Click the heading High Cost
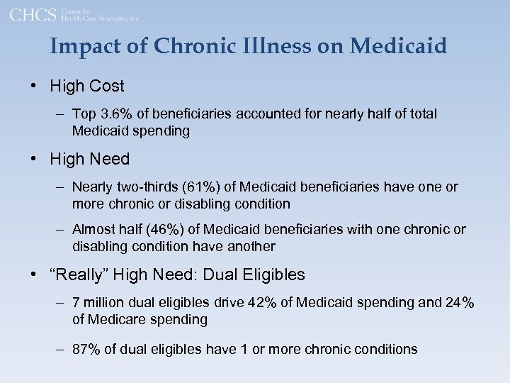point(87,87)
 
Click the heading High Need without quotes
point(90,160)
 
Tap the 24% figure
point(460,303)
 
